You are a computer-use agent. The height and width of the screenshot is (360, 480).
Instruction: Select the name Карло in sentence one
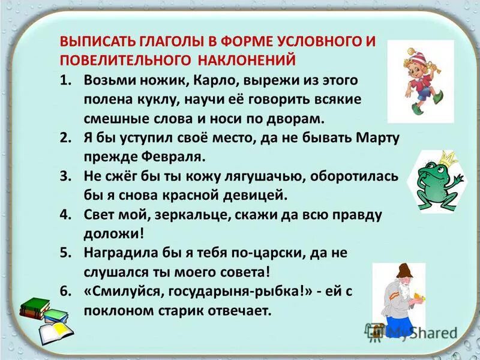[164, 80]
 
